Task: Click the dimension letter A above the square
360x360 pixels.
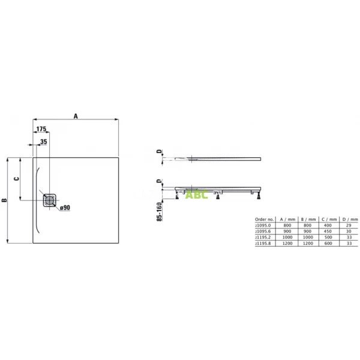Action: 76,116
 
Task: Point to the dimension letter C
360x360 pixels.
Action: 17,178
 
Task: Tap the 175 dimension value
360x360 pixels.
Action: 41,130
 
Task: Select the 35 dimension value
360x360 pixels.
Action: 43,142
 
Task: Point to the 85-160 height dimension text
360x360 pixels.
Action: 159,211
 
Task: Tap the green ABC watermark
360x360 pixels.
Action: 196,194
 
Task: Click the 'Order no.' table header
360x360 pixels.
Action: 265,220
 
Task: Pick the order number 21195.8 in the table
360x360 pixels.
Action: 265,244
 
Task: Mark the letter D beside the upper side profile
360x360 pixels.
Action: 160,152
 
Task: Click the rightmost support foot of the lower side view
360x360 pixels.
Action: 258,196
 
